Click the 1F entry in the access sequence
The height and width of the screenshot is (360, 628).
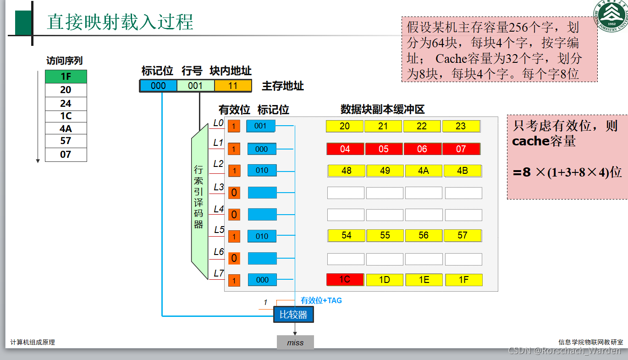(x=66, y=77)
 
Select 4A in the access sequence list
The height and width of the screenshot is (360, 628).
(x=66, y=129)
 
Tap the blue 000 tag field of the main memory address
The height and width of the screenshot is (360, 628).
(x=158, y=86)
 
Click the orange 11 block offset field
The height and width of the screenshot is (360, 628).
(x=233, y=86)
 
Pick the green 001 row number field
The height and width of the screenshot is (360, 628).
(x=195, y=86)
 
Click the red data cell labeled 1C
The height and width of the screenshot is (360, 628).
(x=345, y=279)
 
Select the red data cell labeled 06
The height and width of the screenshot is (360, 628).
(x=422, y=149)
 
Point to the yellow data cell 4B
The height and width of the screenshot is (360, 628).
(x=463, y=171)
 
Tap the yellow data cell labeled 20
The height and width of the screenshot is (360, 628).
(x=345, y=126)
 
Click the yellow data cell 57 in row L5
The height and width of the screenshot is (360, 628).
(x=463, y=235)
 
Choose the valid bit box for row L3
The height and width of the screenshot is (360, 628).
(x=234, y=193)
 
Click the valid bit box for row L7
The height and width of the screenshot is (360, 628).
(x=234, y=280)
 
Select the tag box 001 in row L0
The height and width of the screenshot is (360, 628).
(x=260, y=126)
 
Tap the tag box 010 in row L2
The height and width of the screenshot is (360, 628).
(x=262, y=170)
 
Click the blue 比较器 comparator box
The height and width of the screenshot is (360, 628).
(x=294, y=315)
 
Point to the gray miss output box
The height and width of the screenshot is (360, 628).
(x=295, y=343)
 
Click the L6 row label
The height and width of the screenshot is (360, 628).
(x=219, y=252)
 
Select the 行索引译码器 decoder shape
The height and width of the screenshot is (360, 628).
(x=199, y=202)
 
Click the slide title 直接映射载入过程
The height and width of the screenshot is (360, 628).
(x=120, y=22)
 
